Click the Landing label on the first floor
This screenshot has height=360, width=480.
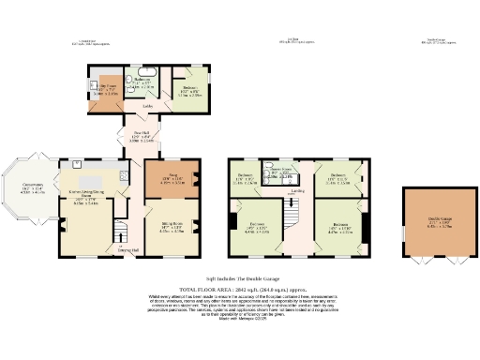coord(297,191)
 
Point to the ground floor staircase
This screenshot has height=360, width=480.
coord(120,231)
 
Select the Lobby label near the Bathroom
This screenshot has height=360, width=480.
coord(148,106)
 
